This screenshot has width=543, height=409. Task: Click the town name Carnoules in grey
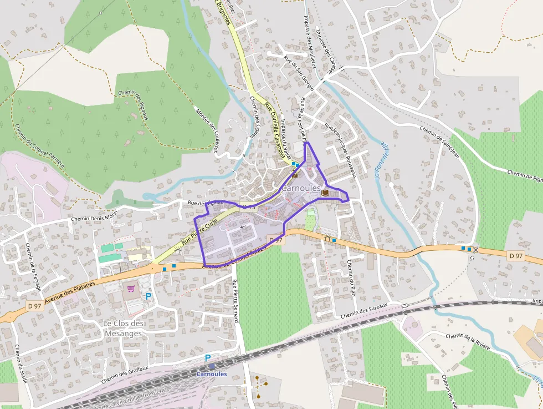300,189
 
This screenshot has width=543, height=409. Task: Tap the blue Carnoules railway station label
212,374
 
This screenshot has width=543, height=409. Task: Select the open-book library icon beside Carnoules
325,192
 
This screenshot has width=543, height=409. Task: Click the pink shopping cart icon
131,288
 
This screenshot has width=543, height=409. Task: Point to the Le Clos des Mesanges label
124,329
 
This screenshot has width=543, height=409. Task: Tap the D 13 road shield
249,207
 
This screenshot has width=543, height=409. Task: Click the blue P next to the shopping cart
148,296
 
